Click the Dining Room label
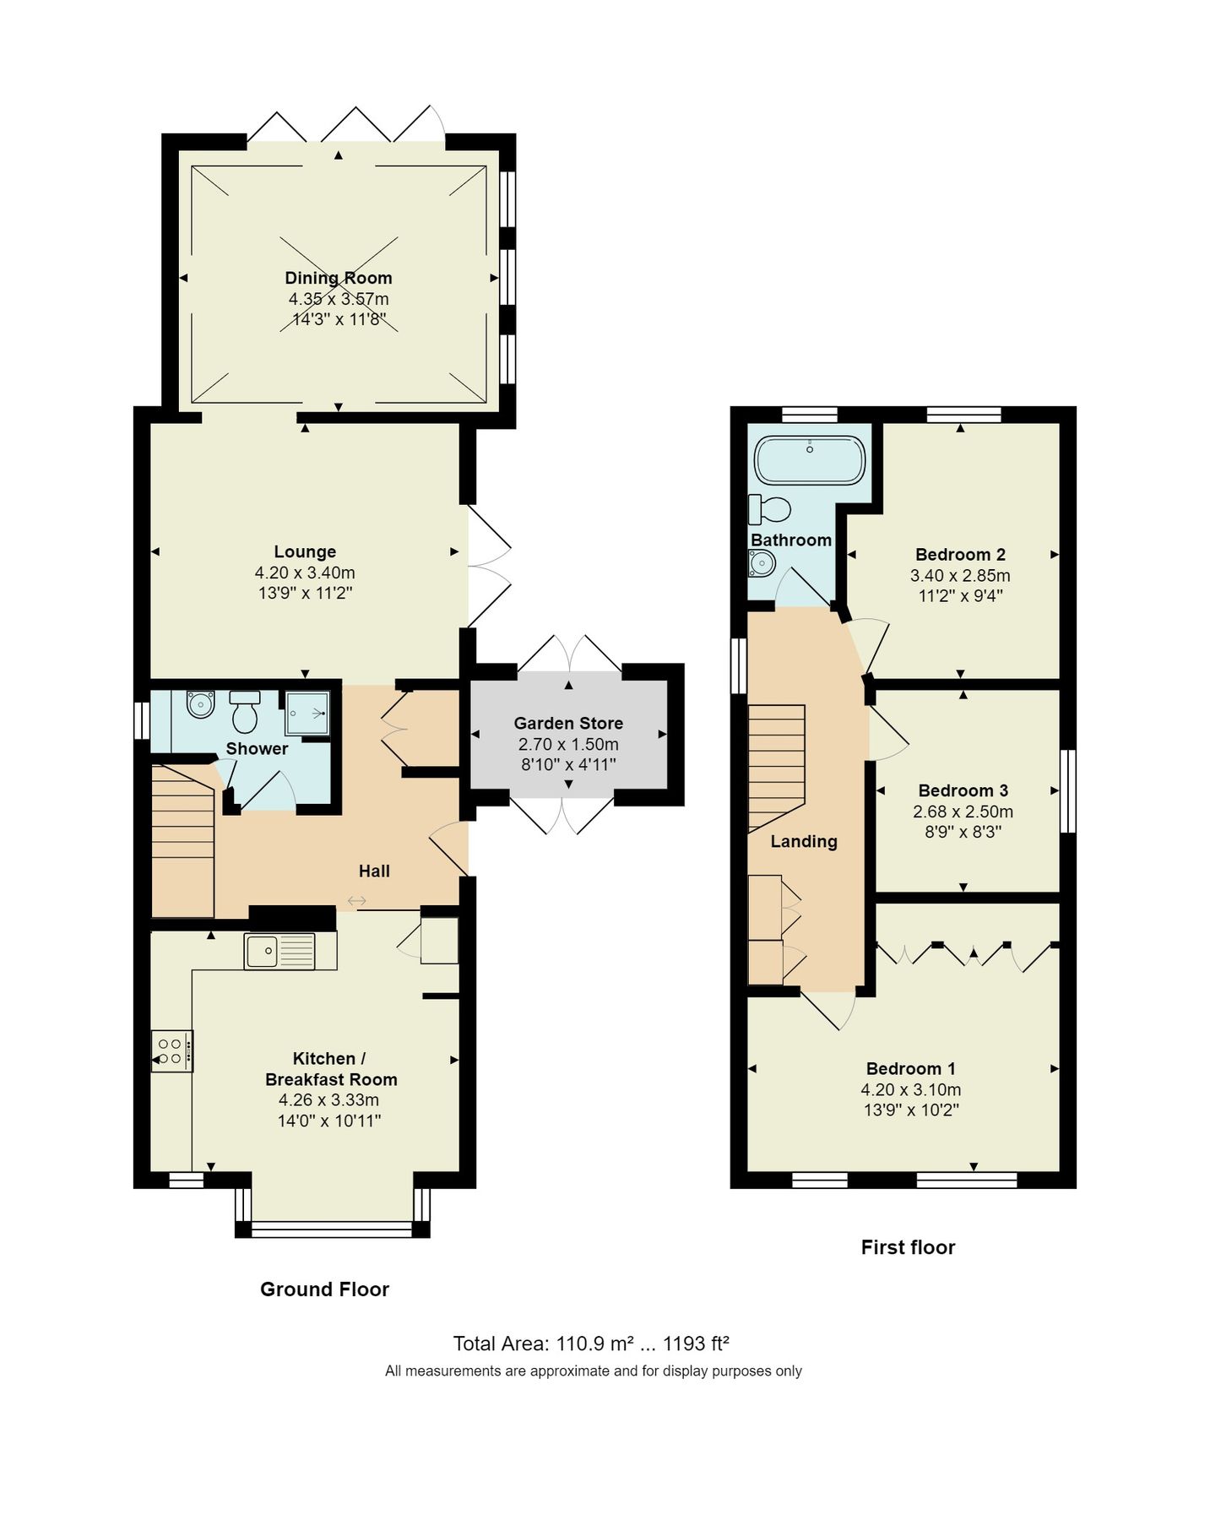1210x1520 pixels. click(338, 278)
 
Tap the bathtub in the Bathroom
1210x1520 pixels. click(809, 459)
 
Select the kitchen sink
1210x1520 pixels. click(279, 951)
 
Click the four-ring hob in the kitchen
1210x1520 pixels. click(171, 1051)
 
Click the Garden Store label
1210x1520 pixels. click(568, 724)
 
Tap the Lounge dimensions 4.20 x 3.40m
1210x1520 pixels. click(305, 573)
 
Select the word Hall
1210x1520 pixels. click(374, 871)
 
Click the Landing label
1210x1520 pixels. click(804, 842)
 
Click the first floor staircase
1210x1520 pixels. click(776, 764)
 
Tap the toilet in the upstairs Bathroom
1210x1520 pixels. click(770, 509)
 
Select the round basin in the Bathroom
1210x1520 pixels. click(762, 562)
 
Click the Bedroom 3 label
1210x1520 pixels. click(963, 791)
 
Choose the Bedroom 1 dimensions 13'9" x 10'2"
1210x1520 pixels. click(911, 1110)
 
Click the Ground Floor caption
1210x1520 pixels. click(324, 1289)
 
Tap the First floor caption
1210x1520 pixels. click(908, 1247)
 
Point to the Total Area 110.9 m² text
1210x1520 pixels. click(544, 1344)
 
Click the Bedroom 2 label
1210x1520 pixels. click(960, 555)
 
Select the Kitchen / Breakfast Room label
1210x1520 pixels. click(330, 1069)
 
